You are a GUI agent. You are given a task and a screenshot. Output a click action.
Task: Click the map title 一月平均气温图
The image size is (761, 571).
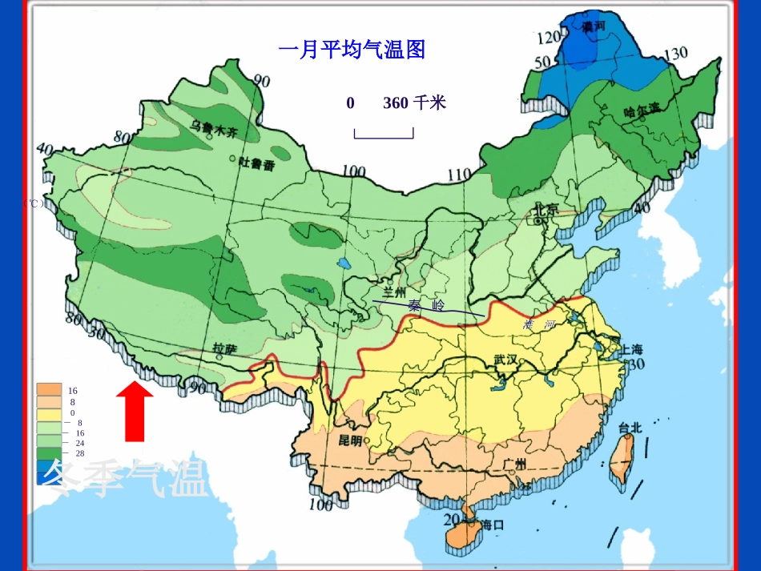click(351, 50)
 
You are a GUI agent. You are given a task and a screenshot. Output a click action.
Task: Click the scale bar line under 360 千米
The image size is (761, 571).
click(384, 137)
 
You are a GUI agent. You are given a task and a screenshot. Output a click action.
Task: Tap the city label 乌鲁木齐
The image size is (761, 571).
click(215, 127)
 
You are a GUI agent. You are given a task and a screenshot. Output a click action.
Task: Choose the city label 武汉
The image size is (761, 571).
click(506, 360)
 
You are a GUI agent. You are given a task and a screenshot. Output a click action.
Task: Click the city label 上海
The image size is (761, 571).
click(631, 349)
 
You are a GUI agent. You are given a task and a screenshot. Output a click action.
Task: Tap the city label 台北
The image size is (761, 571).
click(630, 427)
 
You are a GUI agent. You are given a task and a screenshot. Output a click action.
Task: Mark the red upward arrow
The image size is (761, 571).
click(135, 411)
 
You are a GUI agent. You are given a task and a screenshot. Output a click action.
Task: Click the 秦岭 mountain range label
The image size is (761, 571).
click(425, 306)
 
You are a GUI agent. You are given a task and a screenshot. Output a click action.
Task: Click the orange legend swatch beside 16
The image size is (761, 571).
click(49, 390)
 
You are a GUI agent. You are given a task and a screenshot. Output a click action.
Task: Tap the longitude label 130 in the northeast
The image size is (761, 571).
click(675, 54)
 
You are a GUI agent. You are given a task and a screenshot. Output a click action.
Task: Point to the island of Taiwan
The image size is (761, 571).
click(620, 461)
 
